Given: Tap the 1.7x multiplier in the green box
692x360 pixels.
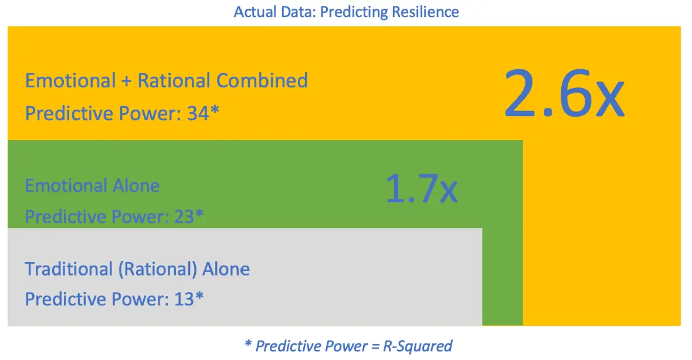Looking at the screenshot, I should [x=420, y=189].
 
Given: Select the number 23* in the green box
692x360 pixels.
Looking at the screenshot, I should [x=189, y=217].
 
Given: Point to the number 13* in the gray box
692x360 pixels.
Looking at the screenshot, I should [x=189, y=299].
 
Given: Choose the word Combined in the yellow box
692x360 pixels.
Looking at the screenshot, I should [x=262, y=80].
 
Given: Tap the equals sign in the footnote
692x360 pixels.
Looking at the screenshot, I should [x=375, y=346].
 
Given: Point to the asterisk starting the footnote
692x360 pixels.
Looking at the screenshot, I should [x=247, y=344].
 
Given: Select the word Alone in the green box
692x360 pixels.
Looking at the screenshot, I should [x=135, y=186].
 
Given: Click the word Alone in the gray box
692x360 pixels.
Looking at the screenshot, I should [x=226, y=269].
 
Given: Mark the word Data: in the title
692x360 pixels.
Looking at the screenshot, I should [x=296, y=12].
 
